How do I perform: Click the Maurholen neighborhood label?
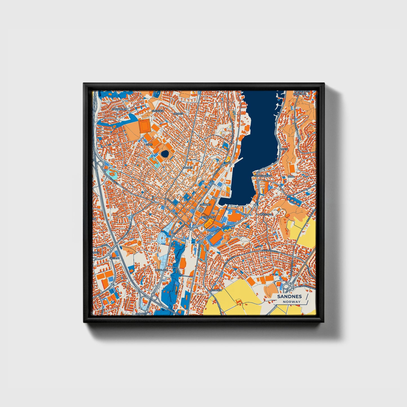(x=118, y=109)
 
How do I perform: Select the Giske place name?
(x=148, y=144)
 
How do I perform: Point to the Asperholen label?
(x=302, y=92)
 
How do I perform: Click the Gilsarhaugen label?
(x=263, y=175)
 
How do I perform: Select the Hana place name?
(x=291, y=177)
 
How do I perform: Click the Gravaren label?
(x=209, y=217)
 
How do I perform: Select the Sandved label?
(x=141, y=313)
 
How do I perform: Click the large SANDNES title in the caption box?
(x=289, y=296)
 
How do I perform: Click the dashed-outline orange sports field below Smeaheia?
(x=144, y=125)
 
